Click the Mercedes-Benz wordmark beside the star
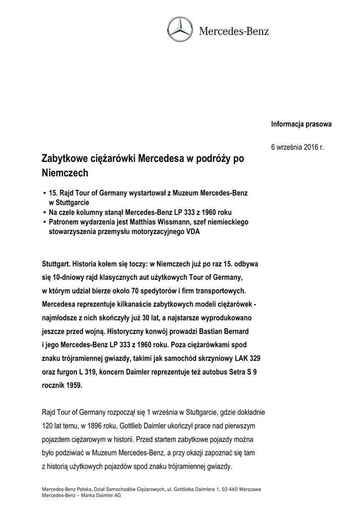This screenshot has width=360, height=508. point(233,31)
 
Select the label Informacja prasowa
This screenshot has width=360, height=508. point(301,124)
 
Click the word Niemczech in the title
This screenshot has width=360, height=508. point(65,173)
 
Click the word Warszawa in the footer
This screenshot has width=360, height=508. point(249,489)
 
